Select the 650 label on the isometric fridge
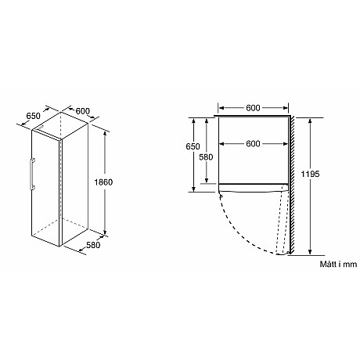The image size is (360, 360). tap(34, 117)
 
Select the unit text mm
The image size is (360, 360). tap(349, 265)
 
